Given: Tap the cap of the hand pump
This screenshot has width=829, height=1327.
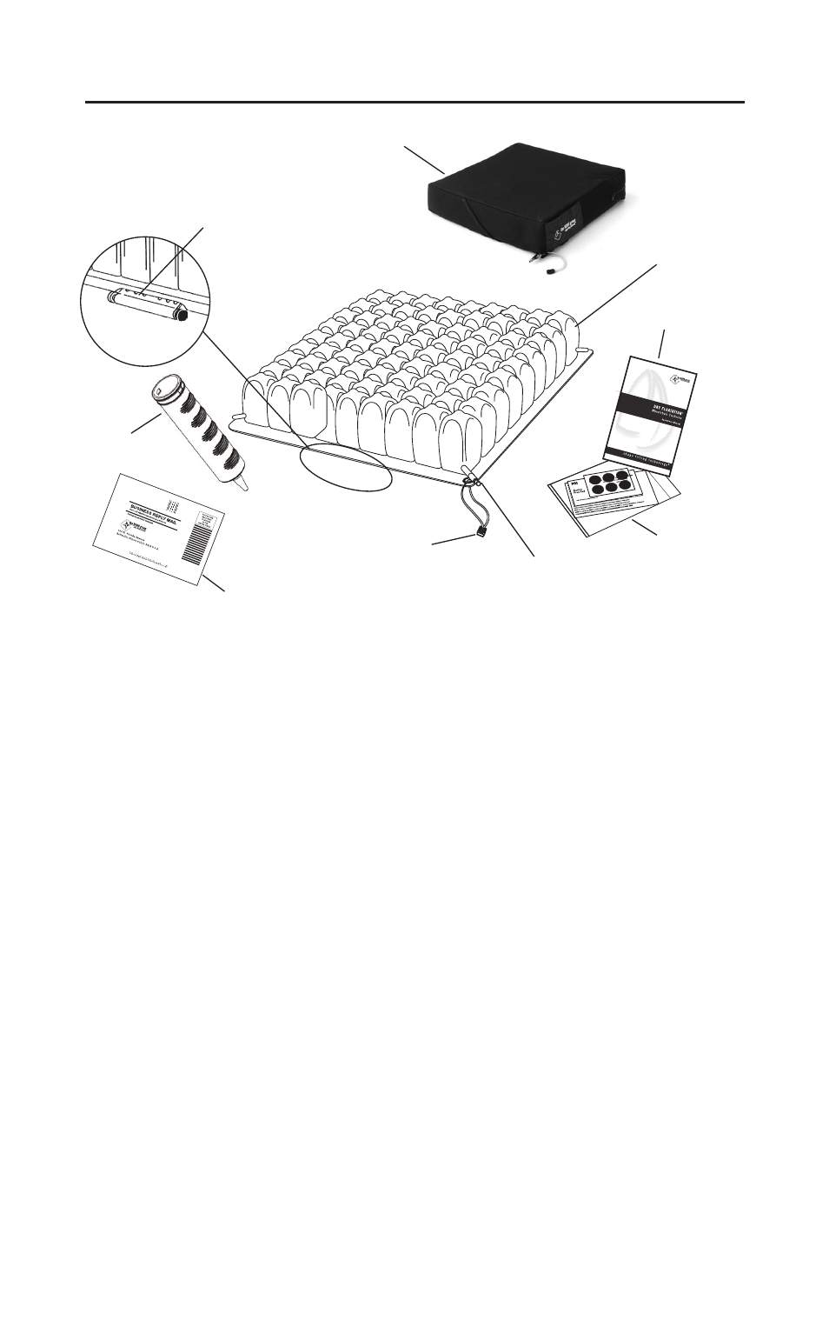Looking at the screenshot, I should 167,383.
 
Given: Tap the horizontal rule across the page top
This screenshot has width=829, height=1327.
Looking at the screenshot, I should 414,103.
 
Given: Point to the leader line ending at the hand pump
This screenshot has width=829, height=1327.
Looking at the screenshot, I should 146,423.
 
